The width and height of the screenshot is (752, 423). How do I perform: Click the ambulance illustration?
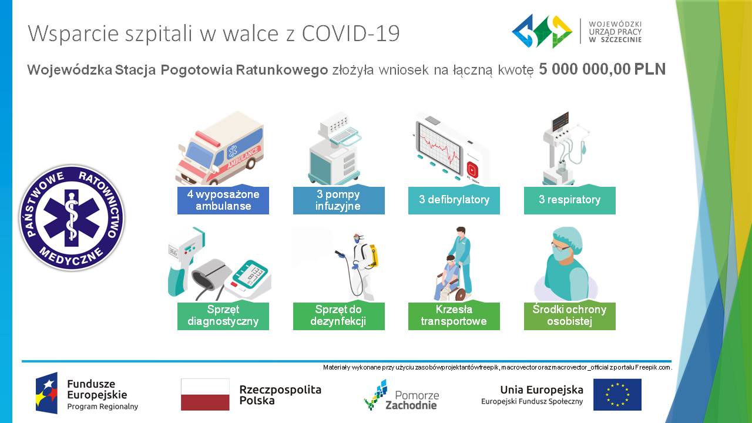220,149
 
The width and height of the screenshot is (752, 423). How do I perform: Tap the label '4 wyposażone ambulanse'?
223,200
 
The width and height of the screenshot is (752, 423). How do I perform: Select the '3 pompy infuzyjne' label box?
339,200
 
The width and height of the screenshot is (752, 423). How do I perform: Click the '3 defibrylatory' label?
454,200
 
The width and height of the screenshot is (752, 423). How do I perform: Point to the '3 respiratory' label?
570,200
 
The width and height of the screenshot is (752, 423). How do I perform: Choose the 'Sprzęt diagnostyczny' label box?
223,316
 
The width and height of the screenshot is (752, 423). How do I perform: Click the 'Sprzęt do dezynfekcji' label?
339,316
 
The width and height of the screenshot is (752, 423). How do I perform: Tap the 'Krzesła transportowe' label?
454,316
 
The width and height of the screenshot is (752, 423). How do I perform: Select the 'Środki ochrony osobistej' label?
570,316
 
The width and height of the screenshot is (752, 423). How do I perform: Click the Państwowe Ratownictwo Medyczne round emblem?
72,218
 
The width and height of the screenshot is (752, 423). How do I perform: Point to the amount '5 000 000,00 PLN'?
602,69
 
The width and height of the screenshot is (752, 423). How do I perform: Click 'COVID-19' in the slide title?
351,33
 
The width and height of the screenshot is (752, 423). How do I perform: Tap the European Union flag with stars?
617,394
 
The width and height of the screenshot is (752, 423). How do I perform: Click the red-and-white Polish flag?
205,394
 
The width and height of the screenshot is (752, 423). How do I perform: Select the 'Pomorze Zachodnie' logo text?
412,400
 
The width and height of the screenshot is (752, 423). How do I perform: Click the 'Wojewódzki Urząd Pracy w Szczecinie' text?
615,32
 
